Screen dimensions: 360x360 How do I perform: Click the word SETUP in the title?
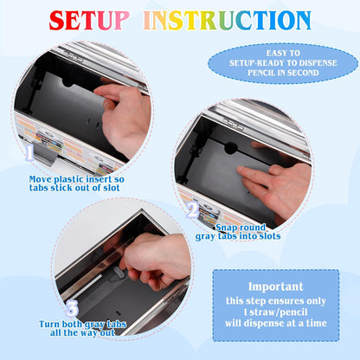coord(89,20)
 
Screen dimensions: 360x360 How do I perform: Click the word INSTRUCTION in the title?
coord(228,20)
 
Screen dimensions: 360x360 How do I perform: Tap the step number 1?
coord(29,152)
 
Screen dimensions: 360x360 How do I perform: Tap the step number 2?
coord(192,210)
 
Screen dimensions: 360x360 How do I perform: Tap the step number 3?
coord(72,309)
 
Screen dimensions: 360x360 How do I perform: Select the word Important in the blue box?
coord(276,286)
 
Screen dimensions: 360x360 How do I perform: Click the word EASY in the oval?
coord(273,53)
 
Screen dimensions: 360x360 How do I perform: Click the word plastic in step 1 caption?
coord(67,179)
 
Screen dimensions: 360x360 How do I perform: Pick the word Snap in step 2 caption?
coord(225,228)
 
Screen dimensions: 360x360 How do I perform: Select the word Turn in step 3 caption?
coord(49,325)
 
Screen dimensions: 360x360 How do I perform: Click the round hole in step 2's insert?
coord(231,148)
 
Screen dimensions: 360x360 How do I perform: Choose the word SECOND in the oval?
coord(303,73)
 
